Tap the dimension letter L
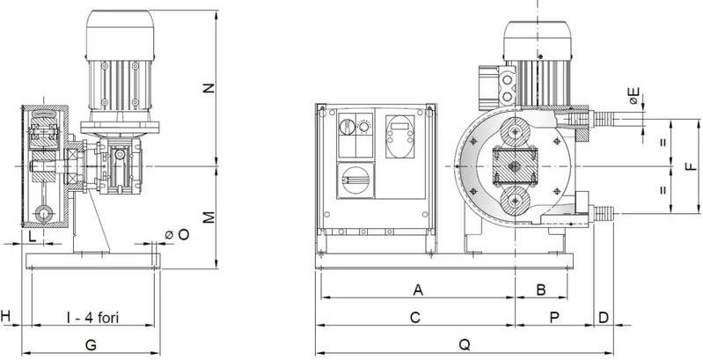[33, 237]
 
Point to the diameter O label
[178, 234]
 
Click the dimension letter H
[5, 316]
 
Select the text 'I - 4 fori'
[92, 318]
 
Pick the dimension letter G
[91, 345]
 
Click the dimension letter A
[418, 290]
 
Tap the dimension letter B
[541, 290]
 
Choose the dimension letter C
[415, 318]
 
